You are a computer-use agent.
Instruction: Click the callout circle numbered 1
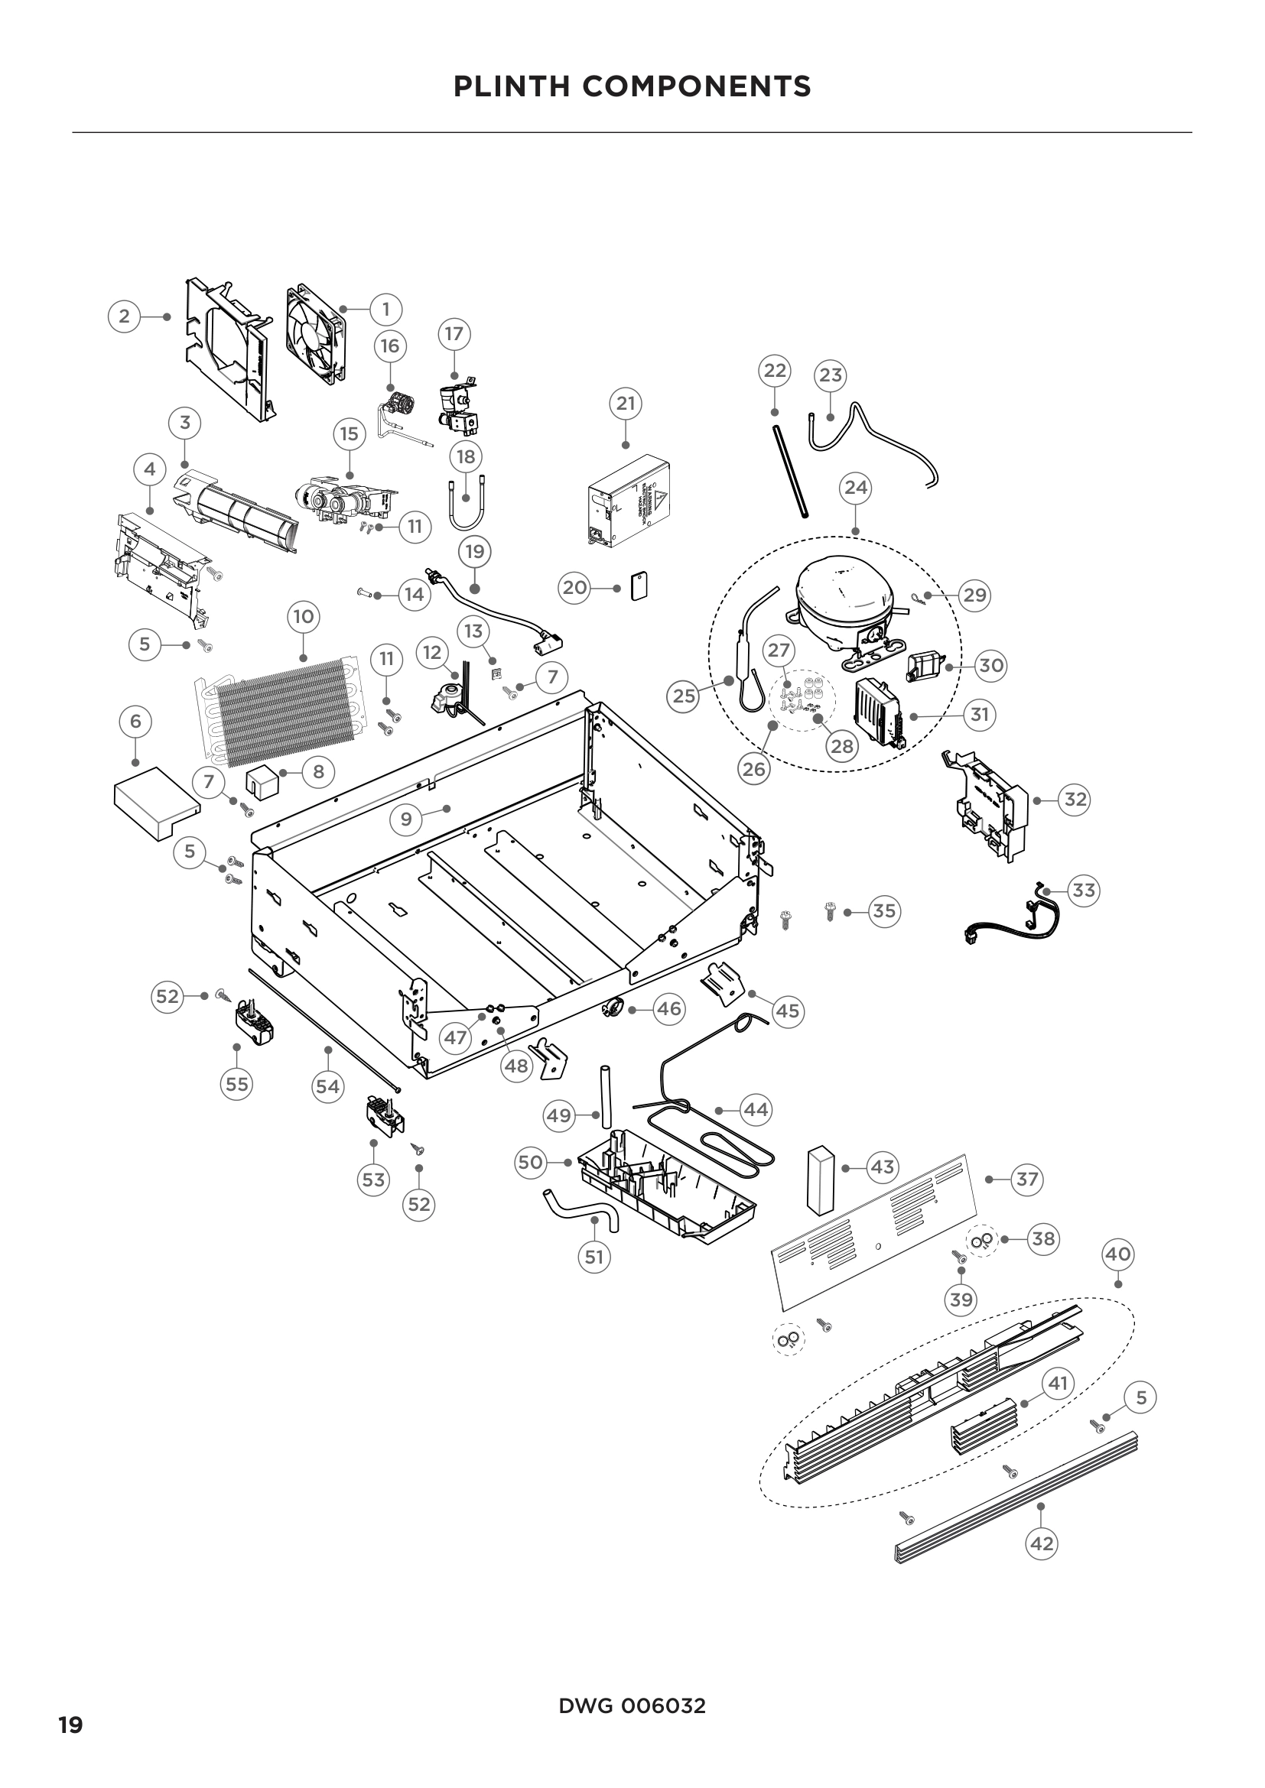[x=385, y=309]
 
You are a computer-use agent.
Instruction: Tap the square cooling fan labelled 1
[x=315, y=335]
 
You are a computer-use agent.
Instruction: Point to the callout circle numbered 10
[x=303, y=618]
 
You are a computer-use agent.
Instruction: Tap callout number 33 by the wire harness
[x=1084, y=890]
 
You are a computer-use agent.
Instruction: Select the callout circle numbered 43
[x=882, y=1167]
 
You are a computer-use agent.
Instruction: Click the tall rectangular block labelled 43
[x=818, y=1180]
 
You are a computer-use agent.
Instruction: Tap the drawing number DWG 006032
[x=632, y=1706]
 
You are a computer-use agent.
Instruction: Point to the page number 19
[x=70, y=1726]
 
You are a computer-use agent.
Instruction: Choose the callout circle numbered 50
[x=530, y=1163]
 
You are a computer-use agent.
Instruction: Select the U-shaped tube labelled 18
[x=465, y=504]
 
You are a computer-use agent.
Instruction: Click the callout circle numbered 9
[x=406, y=819]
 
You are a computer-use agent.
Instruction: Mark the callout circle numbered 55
[x=237, y=1084]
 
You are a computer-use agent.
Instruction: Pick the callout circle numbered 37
[x=1026, y=1179]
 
